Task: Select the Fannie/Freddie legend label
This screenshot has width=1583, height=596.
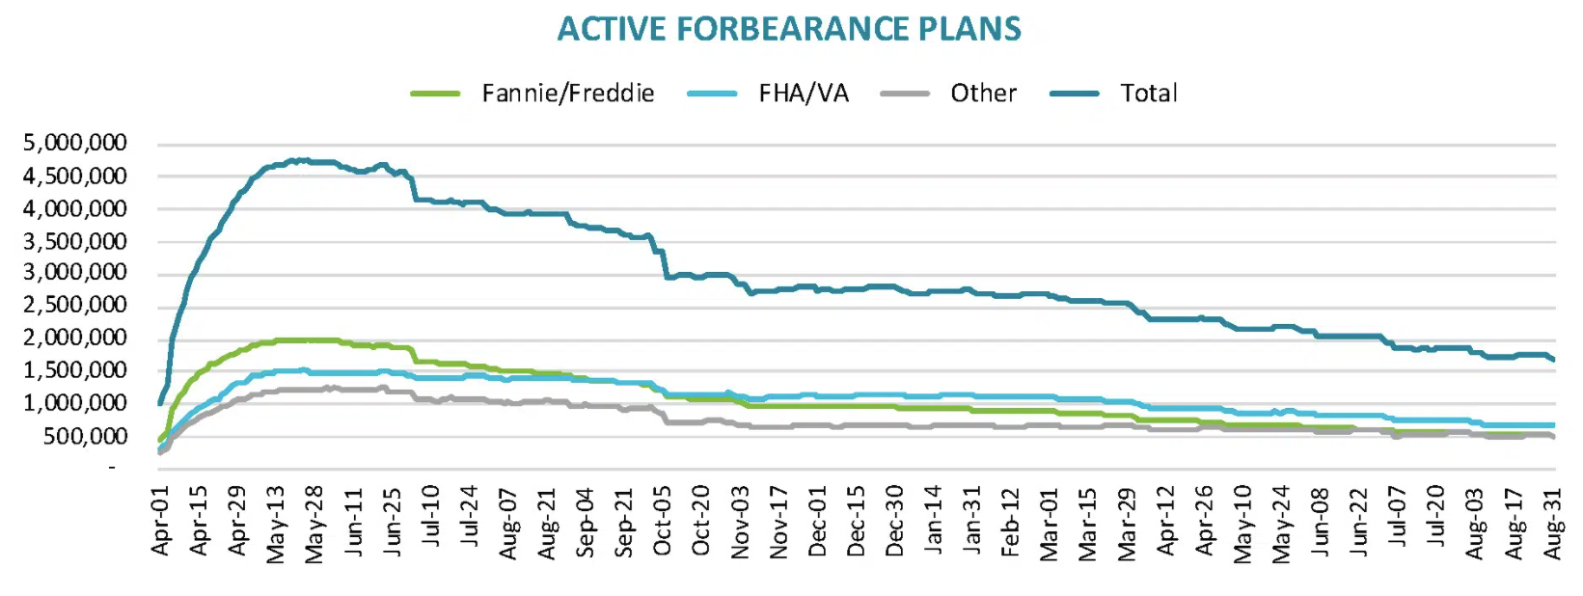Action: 568,94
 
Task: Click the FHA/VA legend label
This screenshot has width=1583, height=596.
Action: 804,94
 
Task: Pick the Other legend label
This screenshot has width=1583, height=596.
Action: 983,94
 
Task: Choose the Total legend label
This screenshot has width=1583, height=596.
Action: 1148,94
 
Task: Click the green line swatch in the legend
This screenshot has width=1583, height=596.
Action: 435,94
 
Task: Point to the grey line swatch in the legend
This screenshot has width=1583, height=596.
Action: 905,94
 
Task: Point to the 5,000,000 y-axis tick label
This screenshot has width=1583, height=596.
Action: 74,144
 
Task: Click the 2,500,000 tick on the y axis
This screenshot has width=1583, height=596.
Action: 74,306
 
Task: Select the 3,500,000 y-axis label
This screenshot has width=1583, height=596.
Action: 74,241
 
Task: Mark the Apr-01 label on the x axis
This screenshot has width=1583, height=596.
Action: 160,521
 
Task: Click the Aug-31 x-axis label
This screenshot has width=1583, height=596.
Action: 1553,522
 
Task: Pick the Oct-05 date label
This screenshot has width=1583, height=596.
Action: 663,522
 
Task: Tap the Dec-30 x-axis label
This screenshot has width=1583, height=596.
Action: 895,522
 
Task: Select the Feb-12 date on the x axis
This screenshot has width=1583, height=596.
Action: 1011,522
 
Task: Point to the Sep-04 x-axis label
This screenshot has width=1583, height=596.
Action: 586,522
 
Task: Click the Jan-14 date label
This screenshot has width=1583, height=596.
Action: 934,522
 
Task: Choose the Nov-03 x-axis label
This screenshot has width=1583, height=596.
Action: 740,522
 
